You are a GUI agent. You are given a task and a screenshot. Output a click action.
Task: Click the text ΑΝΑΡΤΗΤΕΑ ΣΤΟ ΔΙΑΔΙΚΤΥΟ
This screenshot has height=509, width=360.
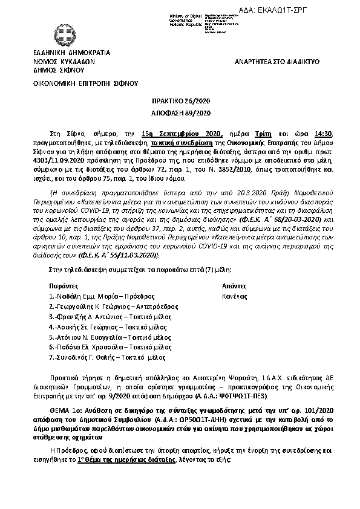(277, 62)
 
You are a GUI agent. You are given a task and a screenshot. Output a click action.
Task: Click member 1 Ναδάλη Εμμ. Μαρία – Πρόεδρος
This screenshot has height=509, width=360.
(103, 297)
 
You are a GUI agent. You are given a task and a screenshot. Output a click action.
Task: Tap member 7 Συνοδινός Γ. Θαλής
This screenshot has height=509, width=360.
(99, 357)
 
